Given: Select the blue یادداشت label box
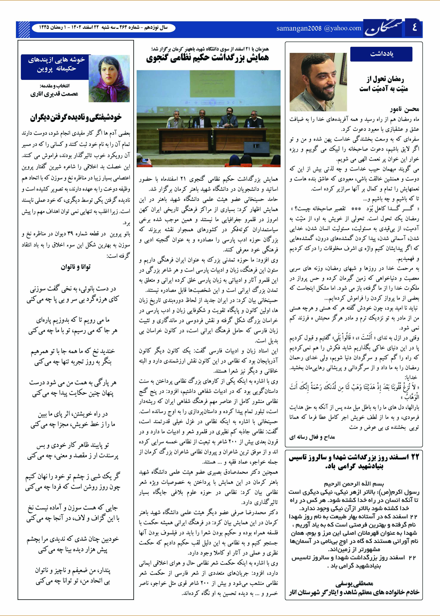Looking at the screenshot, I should pyautogui.click(x=381, y=54).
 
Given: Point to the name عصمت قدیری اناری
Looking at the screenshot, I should pyautogui.click(x=54, y=94).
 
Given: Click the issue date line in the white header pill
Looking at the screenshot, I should pyautogui.click(x=103, y=28).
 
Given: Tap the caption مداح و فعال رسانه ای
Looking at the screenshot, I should pyautogui.click(x=312, y=437).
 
